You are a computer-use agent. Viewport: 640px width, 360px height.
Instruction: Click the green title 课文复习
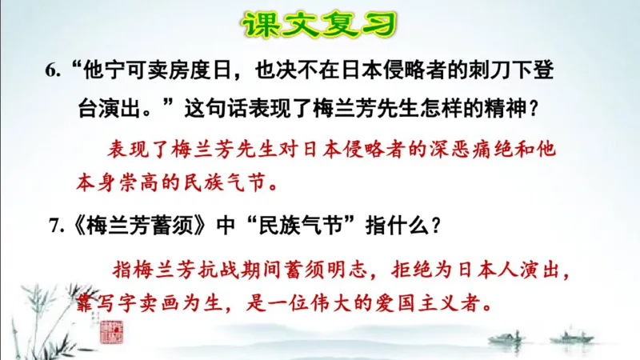[319, 24]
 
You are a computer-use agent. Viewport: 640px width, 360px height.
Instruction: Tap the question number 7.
[55, 226]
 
